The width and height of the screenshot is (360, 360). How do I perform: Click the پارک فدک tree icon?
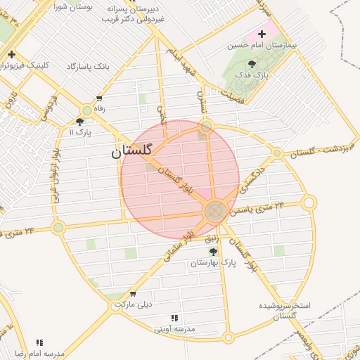pyautogui.click(x=252, y=63)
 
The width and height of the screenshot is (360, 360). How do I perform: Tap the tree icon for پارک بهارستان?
pyautogui.click(x=213, y=251)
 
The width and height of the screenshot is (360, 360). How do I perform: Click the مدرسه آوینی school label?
pyautogui.click(x=175, y=328)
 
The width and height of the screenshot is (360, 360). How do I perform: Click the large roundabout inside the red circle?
pyautogui.click(x=216, y=210)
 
